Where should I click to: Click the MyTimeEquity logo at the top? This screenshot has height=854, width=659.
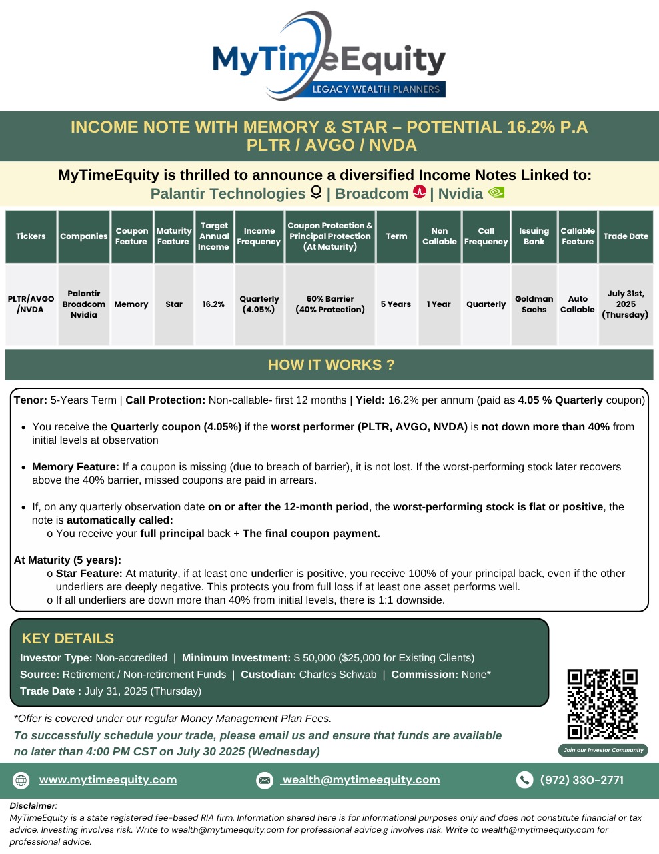pos(329,57)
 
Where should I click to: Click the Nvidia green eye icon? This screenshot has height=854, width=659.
pos(496,193)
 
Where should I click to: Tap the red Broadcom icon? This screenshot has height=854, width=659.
pos(419,193)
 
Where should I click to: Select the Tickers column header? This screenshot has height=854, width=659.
pos(31,236)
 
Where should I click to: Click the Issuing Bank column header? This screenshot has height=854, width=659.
pos(534,236)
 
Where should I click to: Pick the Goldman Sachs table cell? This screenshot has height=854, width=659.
pos(534,304)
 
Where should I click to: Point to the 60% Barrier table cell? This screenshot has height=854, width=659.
pos(330,304)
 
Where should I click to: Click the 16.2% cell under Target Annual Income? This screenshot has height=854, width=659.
pos(213,304)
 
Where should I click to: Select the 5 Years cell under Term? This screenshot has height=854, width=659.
pos(396,304)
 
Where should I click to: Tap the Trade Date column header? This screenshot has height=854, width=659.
pos(626,236)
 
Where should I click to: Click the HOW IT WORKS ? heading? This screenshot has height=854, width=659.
pos(331,365)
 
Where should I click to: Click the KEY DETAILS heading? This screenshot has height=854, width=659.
pos(68,638)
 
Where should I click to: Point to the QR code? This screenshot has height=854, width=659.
pos(602,704)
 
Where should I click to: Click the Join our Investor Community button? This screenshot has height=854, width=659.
pos(603,750)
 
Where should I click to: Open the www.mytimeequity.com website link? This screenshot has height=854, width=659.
pos(108,779)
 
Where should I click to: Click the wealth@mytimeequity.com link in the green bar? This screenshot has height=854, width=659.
pos(361,779)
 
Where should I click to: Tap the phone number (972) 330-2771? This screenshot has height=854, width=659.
pos(582,780)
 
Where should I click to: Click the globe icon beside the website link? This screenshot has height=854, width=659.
pos(21,780)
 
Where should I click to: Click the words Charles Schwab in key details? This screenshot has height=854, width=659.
pos(338,675)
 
